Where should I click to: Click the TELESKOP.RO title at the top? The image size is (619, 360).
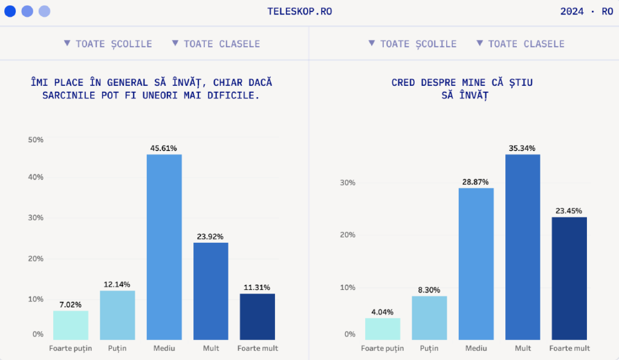(299, 11)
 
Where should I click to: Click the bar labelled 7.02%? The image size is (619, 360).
(71, 325)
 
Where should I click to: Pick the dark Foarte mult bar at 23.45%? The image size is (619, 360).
(569, 278)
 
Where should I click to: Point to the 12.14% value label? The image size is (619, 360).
(117, 284)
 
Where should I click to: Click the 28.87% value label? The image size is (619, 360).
(476, 181)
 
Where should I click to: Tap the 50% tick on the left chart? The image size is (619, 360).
(36, 140)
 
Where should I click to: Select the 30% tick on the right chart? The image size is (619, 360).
(347, 182)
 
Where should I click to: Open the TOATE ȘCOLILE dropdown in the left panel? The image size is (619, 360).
(108, 43)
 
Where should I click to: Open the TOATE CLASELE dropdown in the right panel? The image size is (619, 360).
(520, 43)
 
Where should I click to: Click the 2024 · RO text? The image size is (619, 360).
(586, 11)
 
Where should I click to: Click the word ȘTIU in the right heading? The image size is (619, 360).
(520, 82)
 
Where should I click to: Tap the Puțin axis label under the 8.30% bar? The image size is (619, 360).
(429, 348)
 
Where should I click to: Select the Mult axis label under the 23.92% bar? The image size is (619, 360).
(210, 348)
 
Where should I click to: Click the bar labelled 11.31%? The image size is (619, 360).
(257, 317)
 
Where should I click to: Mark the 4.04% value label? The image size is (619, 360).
(382, 312)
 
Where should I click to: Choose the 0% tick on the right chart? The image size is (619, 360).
(349, 334)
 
